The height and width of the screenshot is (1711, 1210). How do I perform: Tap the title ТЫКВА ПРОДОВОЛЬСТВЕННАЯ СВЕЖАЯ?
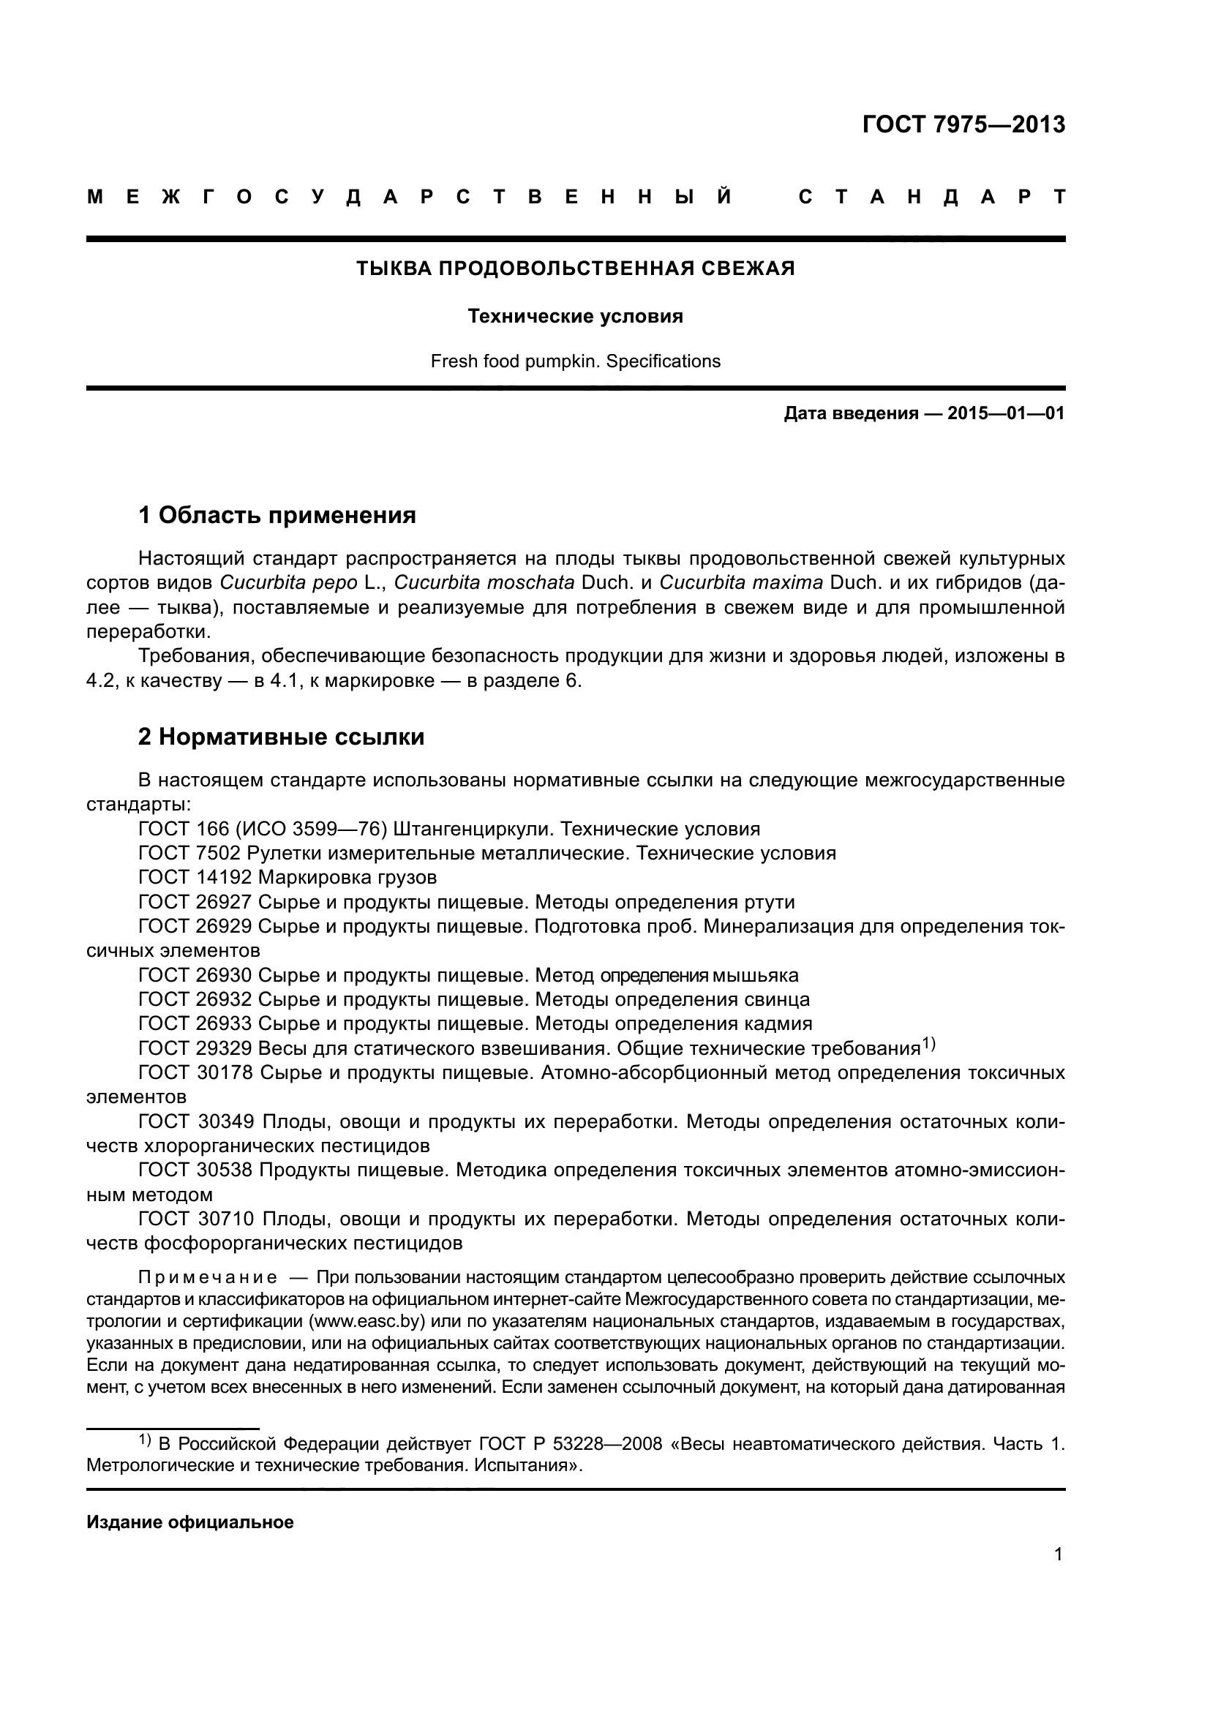click(575, 269)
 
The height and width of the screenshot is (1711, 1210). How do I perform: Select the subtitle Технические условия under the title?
click(575, 317)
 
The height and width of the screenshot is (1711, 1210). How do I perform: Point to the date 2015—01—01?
click(1005, 413)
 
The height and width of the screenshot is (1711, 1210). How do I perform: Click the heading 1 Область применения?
click(277, 515)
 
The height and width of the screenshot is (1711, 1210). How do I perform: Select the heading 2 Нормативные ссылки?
click(282, 737)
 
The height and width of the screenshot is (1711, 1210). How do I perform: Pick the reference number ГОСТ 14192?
click(195, 877)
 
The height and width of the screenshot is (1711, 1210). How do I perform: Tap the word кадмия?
click(778, 1023)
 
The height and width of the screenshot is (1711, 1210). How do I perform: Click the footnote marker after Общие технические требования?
click(928, 1044)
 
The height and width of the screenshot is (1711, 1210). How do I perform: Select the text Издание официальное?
click(190, 1522)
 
